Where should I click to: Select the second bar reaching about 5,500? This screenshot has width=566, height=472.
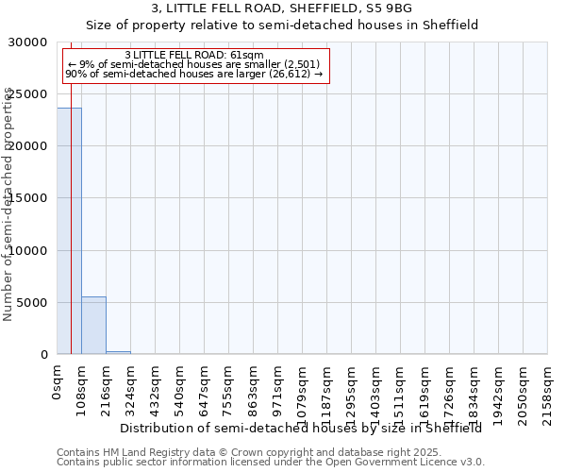[93, 326]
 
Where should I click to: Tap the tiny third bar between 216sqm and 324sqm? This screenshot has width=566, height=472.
[118, 352]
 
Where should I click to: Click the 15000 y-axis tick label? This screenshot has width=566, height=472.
[31, 198]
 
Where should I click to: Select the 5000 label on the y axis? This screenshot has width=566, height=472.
[35, 303]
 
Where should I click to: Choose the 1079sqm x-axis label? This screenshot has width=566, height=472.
[302, 388]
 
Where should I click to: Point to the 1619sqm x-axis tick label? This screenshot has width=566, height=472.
[424, 388]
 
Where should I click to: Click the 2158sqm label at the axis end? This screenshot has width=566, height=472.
[547, 388]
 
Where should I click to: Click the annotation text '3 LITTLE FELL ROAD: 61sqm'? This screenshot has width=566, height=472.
[193, 56]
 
